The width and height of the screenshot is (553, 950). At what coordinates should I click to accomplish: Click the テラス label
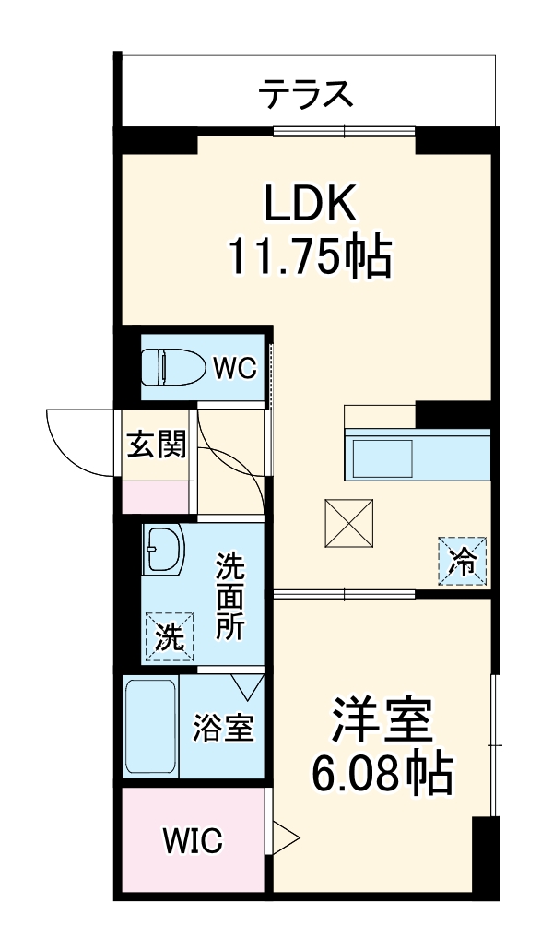306,93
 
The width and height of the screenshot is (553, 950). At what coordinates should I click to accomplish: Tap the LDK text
311,205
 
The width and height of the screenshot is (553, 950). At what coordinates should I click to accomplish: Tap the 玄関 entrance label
157,445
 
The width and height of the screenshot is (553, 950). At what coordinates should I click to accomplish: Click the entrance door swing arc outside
77,442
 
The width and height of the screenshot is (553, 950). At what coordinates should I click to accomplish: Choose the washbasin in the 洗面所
164,552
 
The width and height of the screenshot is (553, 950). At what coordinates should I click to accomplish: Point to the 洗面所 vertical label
229,597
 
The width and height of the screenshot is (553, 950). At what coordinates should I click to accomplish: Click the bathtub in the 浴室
150,728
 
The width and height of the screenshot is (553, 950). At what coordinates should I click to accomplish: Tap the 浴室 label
222,729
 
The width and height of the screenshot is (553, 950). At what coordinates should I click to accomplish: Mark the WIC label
193,841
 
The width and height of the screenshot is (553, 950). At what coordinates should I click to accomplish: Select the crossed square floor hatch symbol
348,523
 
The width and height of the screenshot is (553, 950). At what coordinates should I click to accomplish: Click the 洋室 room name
381,723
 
